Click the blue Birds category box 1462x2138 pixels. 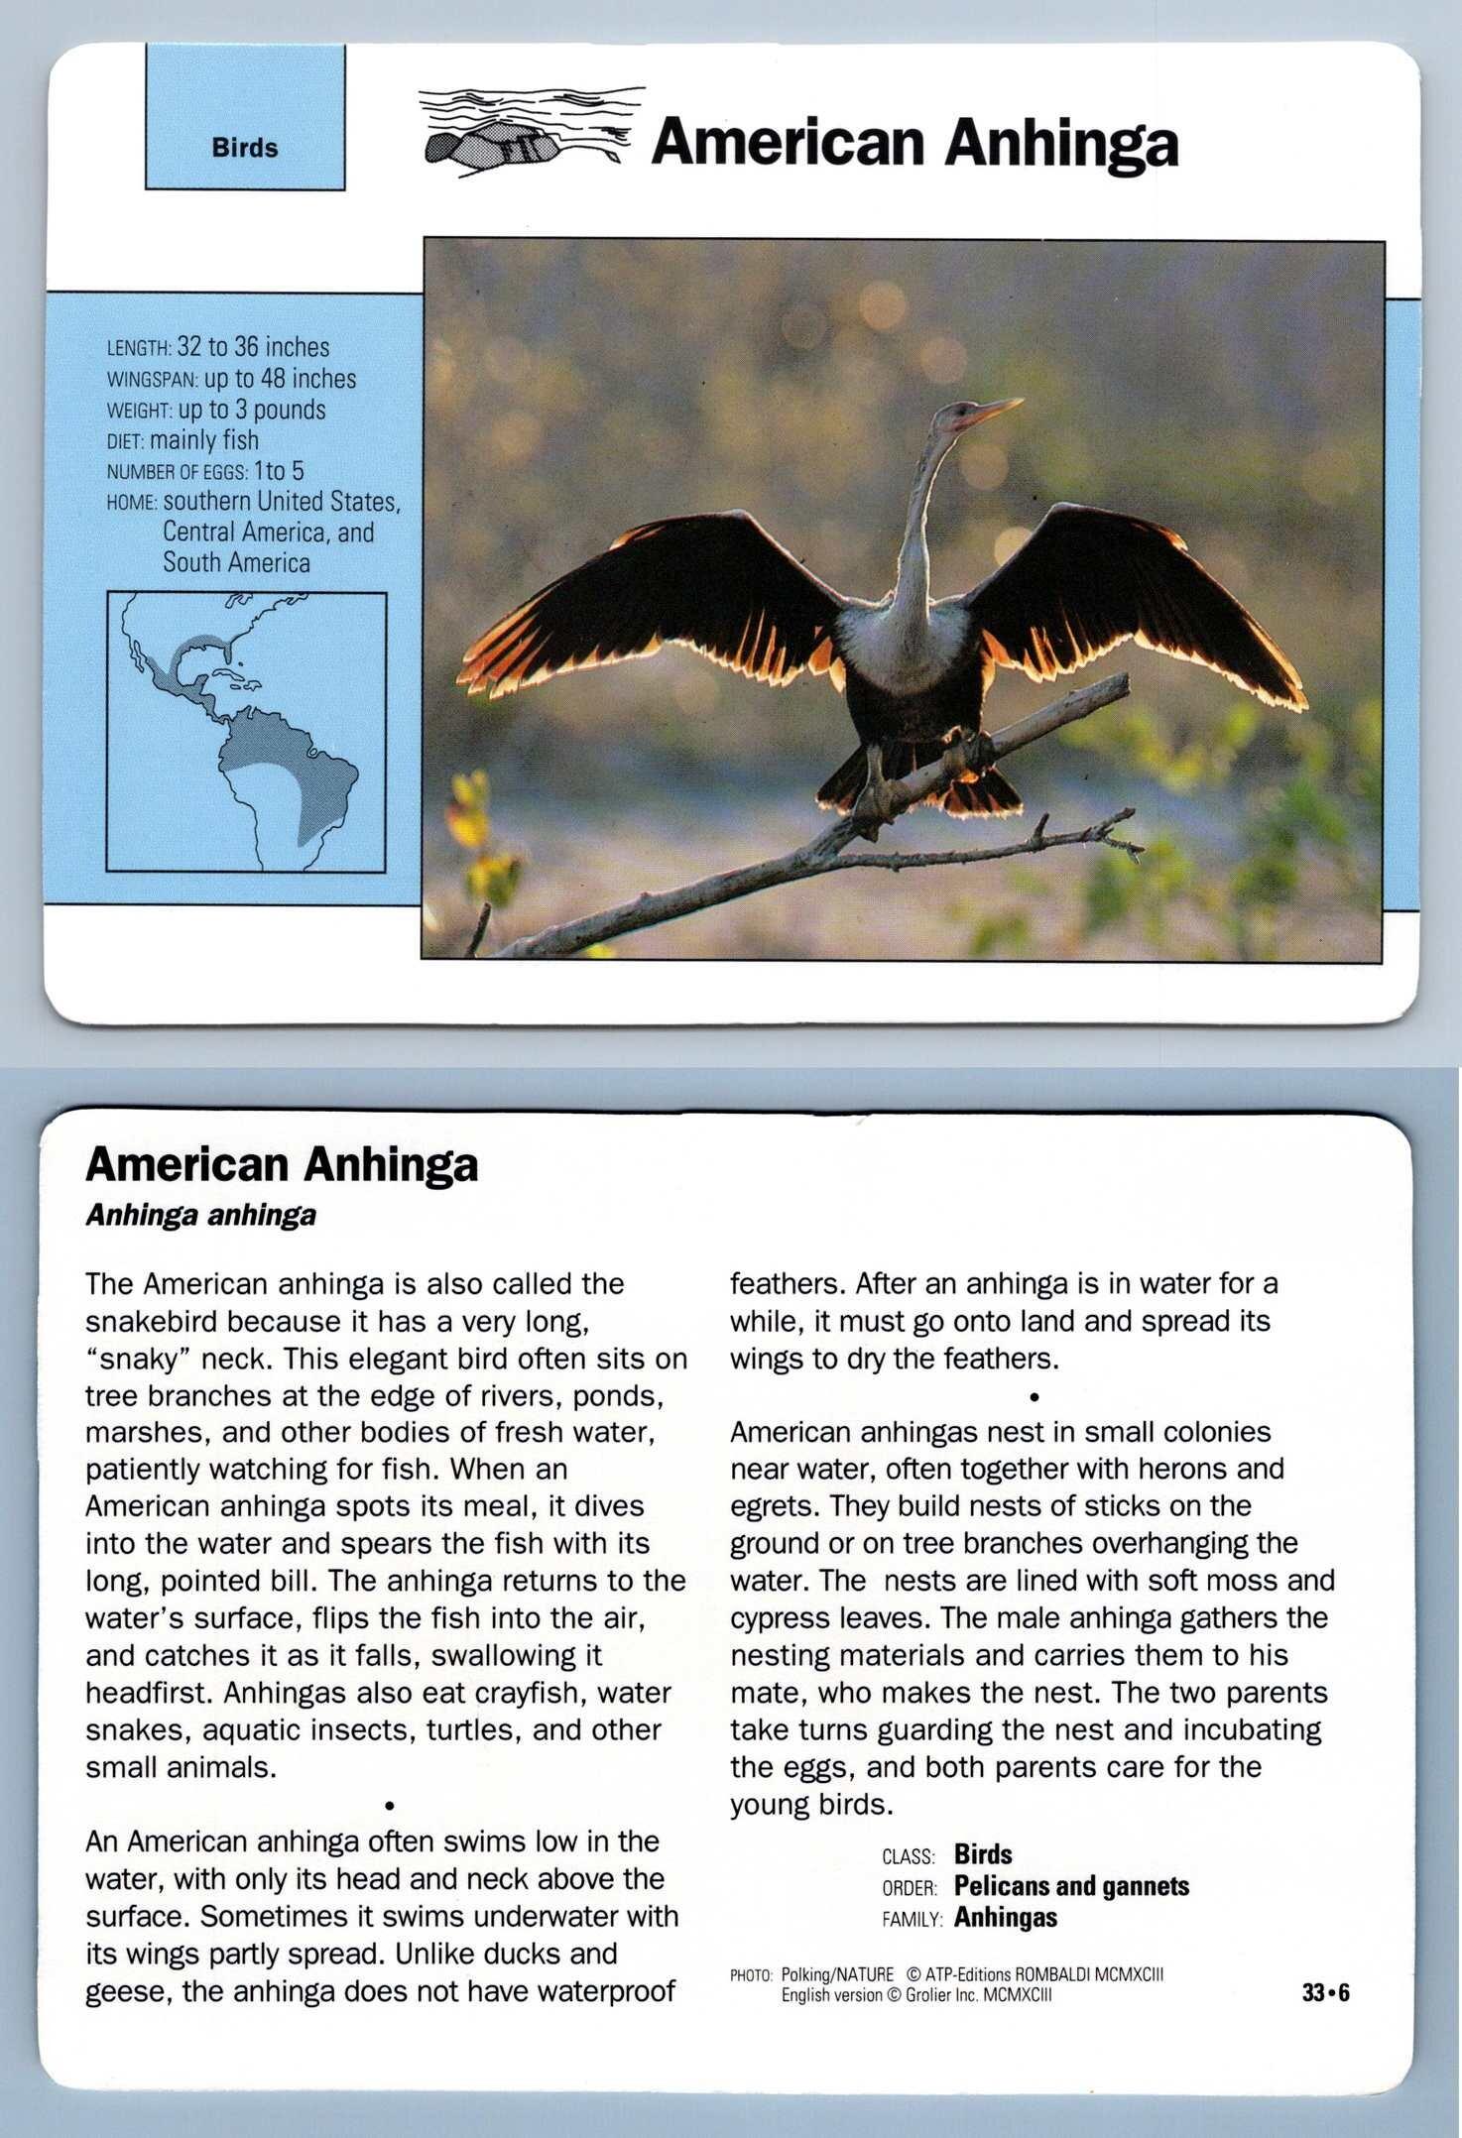(x=245, y=117)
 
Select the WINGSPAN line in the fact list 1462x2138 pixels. (x=231, y=379)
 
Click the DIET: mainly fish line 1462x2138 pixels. (x=183, y=440)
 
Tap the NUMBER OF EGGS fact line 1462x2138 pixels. (x=205, y=471)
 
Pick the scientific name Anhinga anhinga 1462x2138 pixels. (x=200, y=1216)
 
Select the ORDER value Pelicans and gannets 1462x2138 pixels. (x=1071, y=1886)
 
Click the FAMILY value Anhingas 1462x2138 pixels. (x=1005, y=1918)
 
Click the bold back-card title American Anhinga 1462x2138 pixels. (x=282, y=1165)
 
